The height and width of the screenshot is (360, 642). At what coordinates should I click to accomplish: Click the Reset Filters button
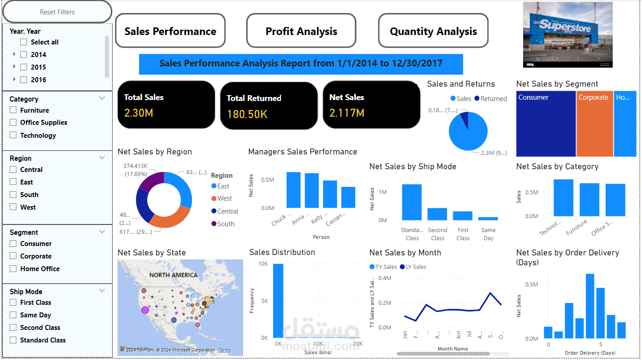pos(57,12)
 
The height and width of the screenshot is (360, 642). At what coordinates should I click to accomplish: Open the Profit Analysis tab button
pos(301,31)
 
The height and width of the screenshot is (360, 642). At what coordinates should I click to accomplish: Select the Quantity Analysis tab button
pos(433,31)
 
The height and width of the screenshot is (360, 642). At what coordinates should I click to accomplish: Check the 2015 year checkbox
pos(24,67)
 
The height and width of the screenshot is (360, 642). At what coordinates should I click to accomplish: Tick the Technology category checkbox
pos(13,135)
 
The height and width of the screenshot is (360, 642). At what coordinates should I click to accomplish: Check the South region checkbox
pos(13,195)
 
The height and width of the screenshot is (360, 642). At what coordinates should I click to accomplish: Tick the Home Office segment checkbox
pos(13,269)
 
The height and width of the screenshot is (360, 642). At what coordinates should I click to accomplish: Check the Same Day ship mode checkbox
pos(13,315)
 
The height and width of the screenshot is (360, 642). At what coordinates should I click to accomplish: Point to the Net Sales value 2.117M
pos(346,113)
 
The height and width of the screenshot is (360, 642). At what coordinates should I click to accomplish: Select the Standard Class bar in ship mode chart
pos(411,202)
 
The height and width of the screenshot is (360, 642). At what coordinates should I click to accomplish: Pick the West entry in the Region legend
pos(224,198)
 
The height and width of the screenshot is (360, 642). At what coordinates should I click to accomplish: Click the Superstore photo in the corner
pos(568,35)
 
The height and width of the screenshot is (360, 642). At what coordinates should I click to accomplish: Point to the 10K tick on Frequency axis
pos(263,263)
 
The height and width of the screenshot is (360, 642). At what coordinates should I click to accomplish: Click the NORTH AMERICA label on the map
pos(173,275)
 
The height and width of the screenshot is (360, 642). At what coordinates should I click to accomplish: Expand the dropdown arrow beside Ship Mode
pos(102,291)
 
